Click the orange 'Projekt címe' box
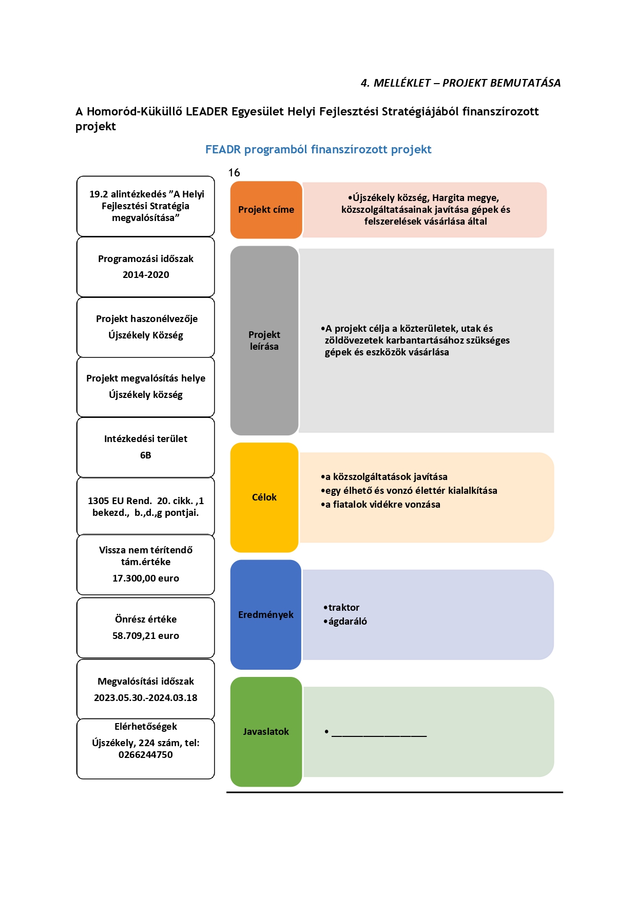(x=266, y=210)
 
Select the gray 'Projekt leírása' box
(x=264, y=341)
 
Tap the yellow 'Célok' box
(x=264, y=497)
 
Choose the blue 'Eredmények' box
(x=266, y=614)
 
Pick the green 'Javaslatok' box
(x=266, y=732)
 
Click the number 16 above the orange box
(x=234, y=173)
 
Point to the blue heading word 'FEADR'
(x=223, y=149)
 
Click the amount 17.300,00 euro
(x=146, y=578)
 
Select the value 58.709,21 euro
(x=146, y=636)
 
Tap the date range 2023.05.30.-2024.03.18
(x=146, y=698)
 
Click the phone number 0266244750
(x=146, y=755)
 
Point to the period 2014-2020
(x=146, y=275)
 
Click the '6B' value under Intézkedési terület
(x=146, y=455)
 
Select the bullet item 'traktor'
(x=341, y=608)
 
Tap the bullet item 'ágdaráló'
(x=345, y=622)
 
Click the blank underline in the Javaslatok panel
(x=379, y=736)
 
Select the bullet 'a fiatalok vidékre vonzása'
(x=380, y=505)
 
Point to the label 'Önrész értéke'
(x=146, y=619)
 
